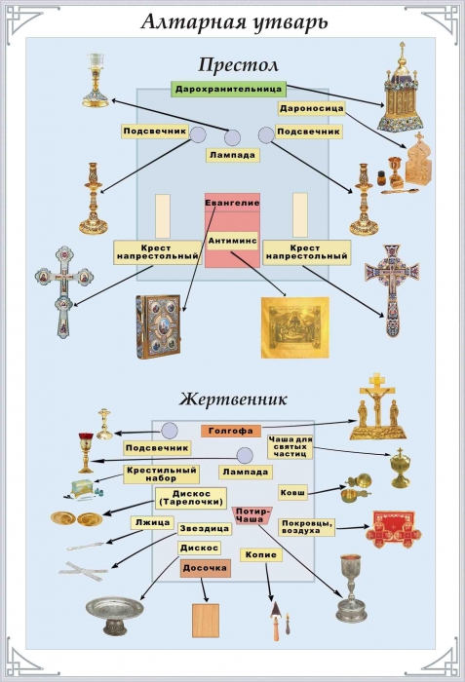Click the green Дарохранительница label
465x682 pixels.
tap(228, 90)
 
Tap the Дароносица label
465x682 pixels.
tap(311, 108)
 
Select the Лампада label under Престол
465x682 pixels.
tap(232, 155)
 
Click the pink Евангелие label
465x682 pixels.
tap(232, 203)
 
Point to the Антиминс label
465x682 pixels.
tap(232, 241)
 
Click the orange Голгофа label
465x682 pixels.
tap(231, 431)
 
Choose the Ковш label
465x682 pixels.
tap(293, 493)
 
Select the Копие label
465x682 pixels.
tap(261, 554)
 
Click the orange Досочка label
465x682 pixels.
tap(206, 568)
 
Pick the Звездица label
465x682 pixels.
tap(205, 529)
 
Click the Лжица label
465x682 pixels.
tap(152, 522)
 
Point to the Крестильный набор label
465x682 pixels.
tap(161, 474)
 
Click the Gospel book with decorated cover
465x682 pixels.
tap(159, 326)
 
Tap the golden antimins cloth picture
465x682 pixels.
tap(295, 328)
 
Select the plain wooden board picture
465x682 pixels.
tap(206, 621)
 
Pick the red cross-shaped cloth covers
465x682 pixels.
tap(394, 529)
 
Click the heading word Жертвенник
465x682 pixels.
tap(233, 398)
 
